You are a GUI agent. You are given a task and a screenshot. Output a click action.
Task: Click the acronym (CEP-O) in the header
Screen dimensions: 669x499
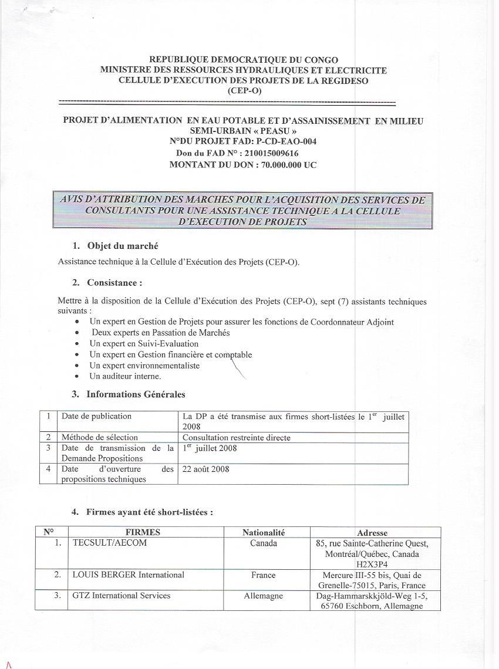(244, 90)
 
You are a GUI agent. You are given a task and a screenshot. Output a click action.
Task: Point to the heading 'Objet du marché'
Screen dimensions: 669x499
(122, 246)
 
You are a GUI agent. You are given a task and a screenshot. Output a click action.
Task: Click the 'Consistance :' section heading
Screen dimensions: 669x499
(114, 282)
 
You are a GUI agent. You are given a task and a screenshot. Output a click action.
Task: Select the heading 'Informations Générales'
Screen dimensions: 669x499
(136, 394)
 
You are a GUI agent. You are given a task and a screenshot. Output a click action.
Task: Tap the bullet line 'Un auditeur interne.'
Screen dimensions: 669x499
(125, 376)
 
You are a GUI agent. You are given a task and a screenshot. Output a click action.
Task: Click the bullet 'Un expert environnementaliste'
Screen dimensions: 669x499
(144, 366)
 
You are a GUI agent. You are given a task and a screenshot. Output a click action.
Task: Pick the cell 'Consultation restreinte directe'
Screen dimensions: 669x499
(237, 437)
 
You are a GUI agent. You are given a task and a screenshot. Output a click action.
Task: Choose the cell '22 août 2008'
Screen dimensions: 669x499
(206, 469)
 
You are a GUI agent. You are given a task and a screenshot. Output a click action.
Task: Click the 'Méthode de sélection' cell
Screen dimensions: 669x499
(100, 437)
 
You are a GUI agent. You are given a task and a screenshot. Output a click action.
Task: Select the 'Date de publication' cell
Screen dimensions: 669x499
(96, 416)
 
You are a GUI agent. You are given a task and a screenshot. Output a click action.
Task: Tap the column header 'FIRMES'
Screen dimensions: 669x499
(143, 532)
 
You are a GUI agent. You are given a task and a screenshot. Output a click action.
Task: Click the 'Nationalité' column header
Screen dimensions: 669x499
(264, 532)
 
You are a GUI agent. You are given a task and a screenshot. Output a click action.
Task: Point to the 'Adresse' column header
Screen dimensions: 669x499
(372, 533)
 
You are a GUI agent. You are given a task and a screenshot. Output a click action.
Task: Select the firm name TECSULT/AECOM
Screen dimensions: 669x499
(110, 543)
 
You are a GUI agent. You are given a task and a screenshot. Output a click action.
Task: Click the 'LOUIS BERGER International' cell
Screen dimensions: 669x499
(129, 575)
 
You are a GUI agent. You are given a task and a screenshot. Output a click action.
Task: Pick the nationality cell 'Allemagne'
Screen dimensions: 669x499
(264, 596)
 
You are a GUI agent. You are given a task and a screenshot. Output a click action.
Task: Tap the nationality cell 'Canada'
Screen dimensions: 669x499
(264, 543)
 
